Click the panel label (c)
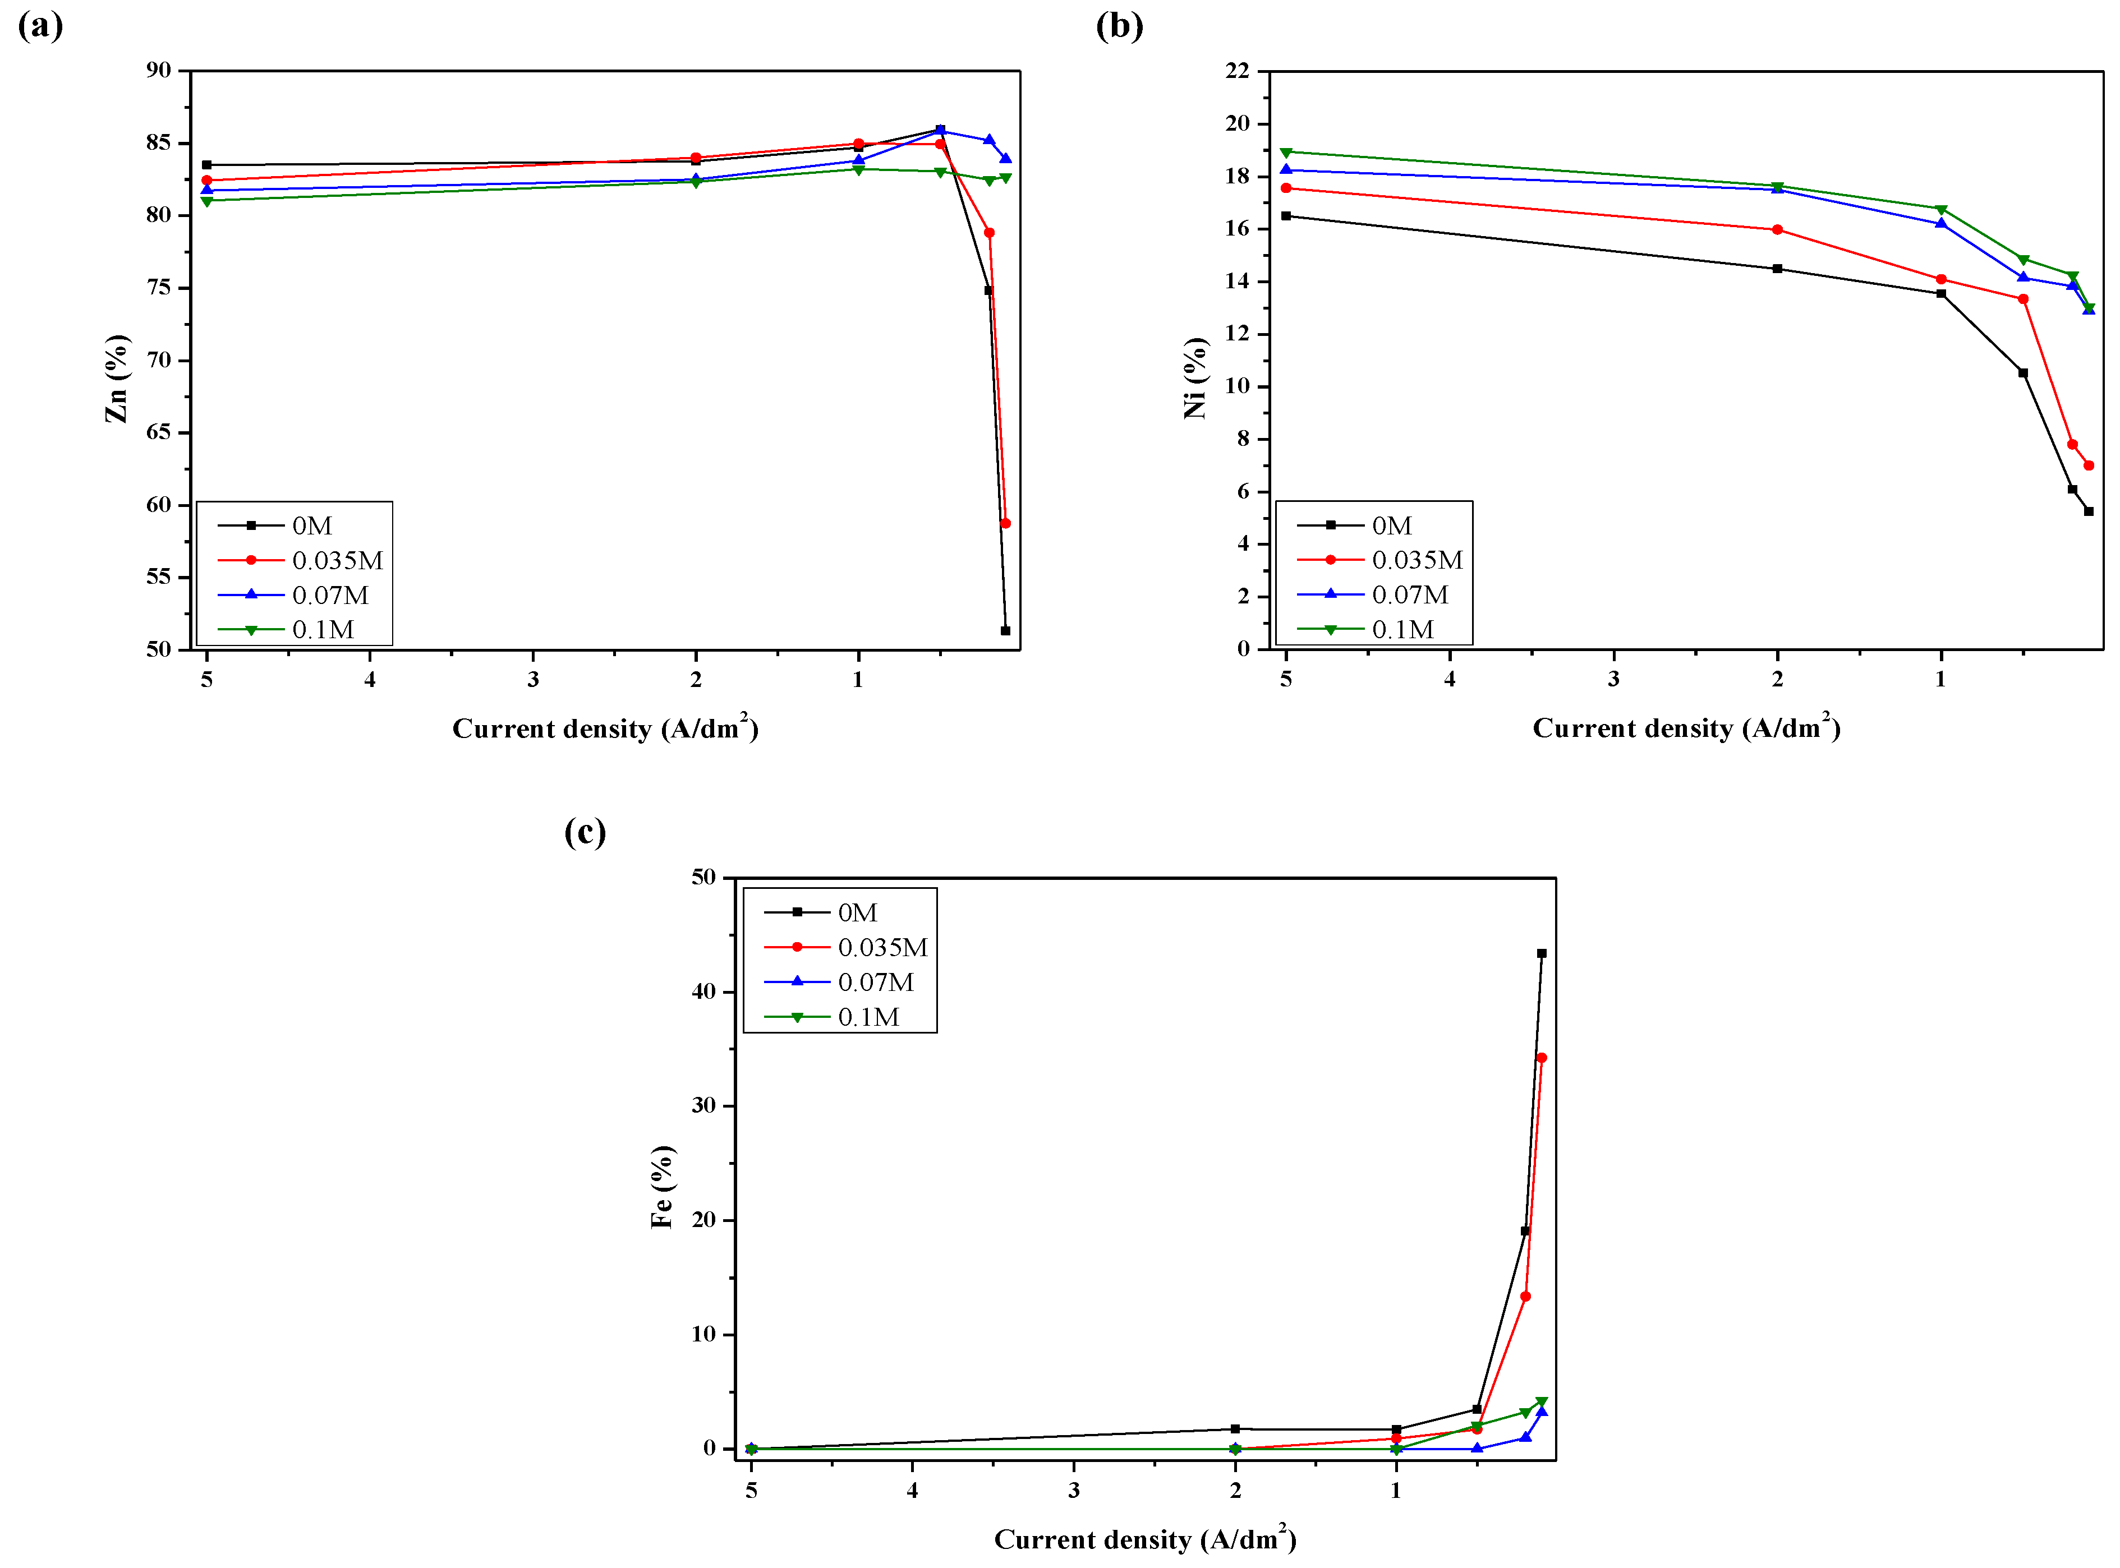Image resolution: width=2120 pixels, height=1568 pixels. pyautogui.click(x=585, y=832)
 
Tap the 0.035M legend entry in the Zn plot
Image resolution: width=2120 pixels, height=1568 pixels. pyautogui.click(x=337, y=561)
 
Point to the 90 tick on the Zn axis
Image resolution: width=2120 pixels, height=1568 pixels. pyautogui.click(x=159, y=70)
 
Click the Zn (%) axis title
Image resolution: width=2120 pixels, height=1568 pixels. pyautogui.click(x=116, y=378)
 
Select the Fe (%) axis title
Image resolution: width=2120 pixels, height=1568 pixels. pyautogui.click(x=662, y=1187)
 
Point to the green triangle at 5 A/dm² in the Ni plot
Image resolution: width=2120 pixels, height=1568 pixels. pyautogui.click(x=1286, y=153)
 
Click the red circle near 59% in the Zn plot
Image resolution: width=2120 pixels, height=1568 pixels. pyautogui.click(x=1005, y=524)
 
